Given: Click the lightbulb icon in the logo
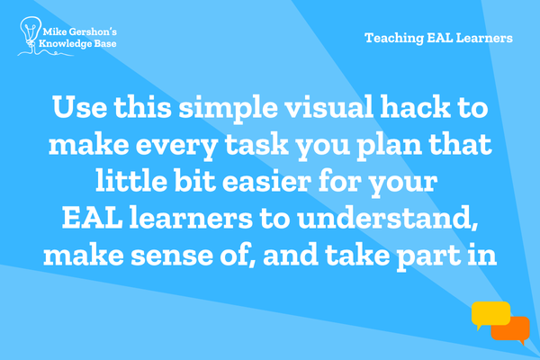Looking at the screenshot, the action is point(30,32).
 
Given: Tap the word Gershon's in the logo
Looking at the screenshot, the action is point(93,32).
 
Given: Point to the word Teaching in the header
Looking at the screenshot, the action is point(394,38).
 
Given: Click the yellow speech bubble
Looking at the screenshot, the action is point(490,314).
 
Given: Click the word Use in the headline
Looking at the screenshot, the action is point(79,107).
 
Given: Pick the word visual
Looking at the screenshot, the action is point(328,106).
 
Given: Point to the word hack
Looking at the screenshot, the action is point(415,106).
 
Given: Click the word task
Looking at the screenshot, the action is point(256,144).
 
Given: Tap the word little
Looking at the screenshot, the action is point(131,180).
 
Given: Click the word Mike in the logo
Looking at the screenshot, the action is point(54,32).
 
